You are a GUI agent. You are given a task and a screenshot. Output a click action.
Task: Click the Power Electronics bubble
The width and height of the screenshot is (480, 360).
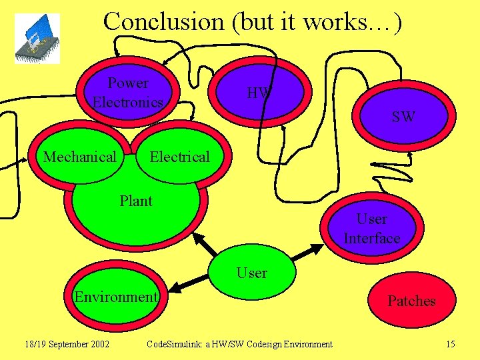click(x=129, y=92)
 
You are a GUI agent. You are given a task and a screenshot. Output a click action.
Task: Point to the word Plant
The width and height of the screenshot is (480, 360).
click(x=136, y=201)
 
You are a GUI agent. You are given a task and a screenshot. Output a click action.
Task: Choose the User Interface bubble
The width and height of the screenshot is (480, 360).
click(x=371, y=228)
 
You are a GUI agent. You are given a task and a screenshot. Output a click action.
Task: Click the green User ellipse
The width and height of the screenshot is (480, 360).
click(x=252, y=273)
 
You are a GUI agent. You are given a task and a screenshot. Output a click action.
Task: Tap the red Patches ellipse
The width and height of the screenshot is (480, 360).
click(x=411, y=301)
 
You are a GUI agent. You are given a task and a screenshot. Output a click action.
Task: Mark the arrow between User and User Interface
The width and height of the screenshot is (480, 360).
click(x=307, y=253)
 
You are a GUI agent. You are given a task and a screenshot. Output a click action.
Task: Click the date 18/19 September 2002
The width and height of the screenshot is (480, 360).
click(x=67, y=344)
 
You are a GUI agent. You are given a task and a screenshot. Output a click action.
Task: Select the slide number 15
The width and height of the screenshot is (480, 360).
click(x=450, y=344)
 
